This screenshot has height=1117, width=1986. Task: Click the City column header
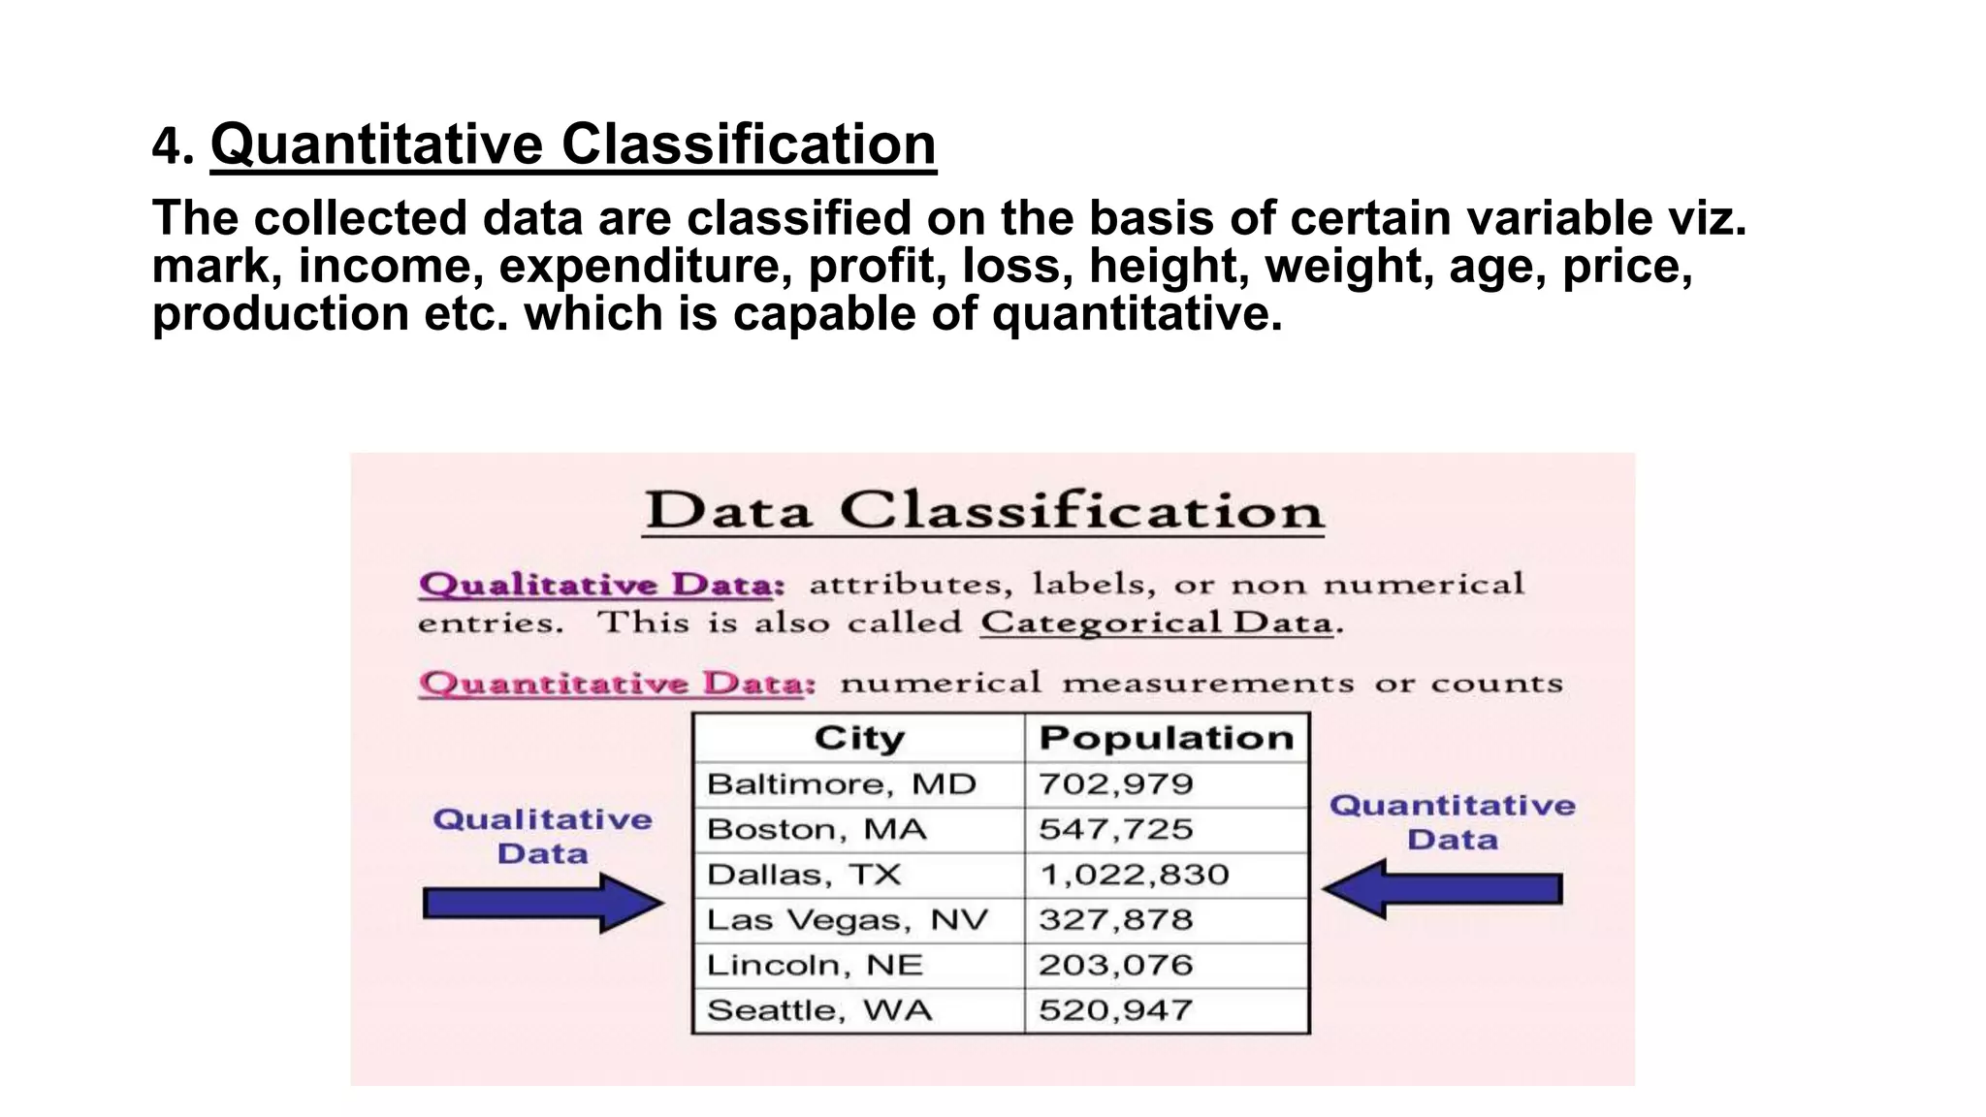pyautogui.click(x=859, y=739)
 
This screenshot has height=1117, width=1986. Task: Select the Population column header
pyautogui.click(x=1166, y=739)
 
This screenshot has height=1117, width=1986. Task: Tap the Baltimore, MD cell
pyautogui.click(x=841, y=784)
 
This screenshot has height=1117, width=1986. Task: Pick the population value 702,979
pyautogui.click(x=1115, y=784)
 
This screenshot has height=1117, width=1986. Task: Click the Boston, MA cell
pyautogui.click(x=817, y=830)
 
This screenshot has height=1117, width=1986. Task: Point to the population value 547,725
pyautogui.click(x=1115, y=830)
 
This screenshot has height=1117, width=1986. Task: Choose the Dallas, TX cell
pyautogui.click(x=804, y=875)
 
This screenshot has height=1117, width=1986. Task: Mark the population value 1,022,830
pyautogui.click(x=1134, y=875)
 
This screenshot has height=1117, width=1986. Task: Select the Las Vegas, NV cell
pyautogui.click(x=847, y=920)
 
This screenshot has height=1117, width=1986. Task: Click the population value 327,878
pyautogui.click(x=1115, y=920)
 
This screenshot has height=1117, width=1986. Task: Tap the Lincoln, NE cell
pyautogui.click(x=815, y=966)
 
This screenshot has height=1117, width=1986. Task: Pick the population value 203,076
pyautogui.click(x=1115, y=966)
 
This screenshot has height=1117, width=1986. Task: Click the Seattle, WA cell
pyautogui.click(x=819, y=1010)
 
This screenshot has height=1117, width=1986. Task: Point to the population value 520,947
pyautogui.click(x=1115, y=1010)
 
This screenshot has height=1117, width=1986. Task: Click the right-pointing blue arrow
pyautogui.click(x=543, y=904)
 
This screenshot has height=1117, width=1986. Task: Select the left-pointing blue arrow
pyautogui.click(x=1442, y=889)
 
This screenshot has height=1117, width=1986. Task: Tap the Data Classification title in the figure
pyautogui.click(x=984, y=511)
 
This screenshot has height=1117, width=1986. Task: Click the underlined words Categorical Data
pyautogui.click(x=1156, y=622)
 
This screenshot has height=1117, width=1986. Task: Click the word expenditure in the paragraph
pyautogui.click(x=646, y=267)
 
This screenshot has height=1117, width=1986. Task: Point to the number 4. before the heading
pyautogui.click(x=173, y=147)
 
